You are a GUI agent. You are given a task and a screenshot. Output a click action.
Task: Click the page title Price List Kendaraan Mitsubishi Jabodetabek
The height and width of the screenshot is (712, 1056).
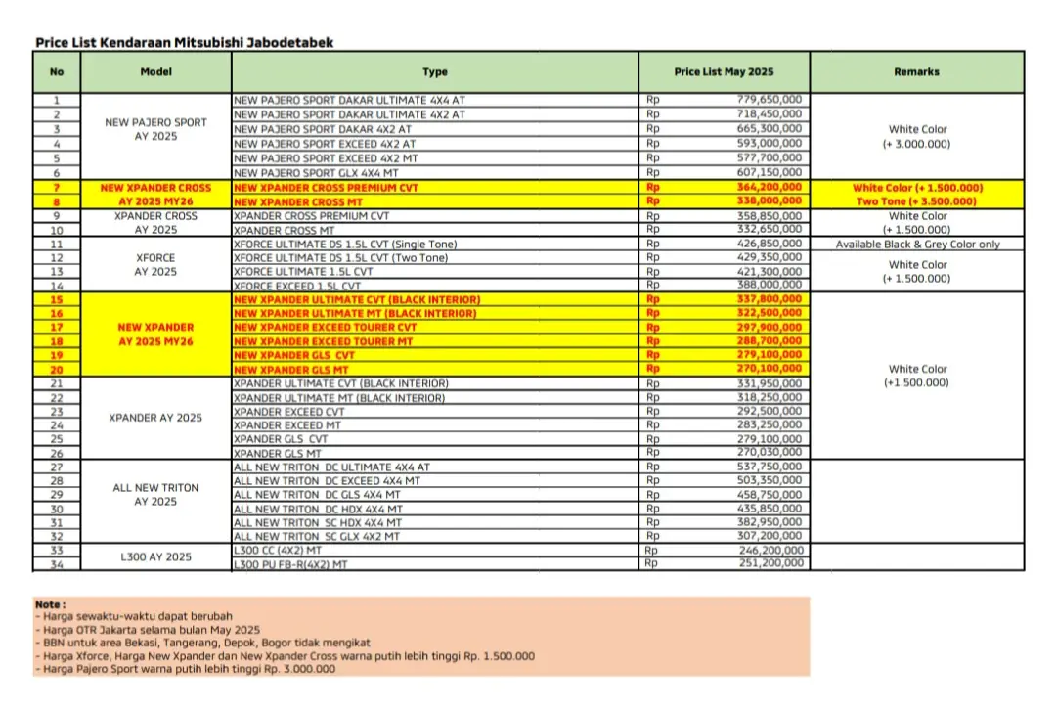pos(185,43)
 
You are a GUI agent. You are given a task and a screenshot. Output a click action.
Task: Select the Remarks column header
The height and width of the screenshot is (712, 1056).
pos(915,72)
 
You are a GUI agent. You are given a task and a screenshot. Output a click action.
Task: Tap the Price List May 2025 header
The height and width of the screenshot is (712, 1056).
pos(724,72)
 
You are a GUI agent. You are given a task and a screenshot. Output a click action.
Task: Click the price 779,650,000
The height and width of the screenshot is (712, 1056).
pos(769,100)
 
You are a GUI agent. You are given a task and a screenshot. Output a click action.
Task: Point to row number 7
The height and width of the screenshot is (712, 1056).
pos(57,187)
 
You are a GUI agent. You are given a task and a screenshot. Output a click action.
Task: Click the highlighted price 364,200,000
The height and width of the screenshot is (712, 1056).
pos(769,187)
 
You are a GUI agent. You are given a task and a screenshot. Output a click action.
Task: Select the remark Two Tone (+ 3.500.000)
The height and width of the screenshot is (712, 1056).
pos(917,201)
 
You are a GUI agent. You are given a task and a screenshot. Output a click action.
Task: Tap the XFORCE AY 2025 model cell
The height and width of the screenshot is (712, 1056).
pos(155,265)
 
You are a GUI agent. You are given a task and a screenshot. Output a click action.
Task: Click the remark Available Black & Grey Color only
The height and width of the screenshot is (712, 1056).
pos(917,245)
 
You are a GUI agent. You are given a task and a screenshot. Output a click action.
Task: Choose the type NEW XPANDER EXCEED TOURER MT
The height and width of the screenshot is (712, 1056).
pos(324,342)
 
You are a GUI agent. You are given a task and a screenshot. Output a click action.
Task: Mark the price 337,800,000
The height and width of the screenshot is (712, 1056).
pos(769,299)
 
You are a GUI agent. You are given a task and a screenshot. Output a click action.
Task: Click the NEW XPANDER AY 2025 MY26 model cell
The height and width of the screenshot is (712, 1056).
pos(155,334)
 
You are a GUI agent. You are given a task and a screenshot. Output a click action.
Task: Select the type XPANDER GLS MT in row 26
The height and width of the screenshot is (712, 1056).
pos(278,454)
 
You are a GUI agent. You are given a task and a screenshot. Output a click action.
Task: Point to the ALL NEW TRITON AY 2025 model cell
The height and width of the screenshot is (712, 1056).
pos(155,495)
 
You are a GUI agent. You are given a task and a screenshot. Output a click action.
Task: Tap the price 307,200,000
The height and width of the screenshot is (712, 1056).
pos(769,537)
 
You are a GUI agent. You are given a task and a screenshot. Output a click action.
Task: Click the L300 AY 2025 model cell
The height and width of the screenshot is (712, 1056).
pos(155,557)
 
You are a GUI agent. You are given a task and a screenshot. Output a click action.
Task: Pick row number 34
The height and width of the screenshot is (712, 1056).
pos(57,564)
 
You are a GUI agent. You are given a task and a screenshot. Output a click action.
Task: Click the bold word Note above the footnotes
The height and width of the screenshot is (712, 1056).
pos(50,605)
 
